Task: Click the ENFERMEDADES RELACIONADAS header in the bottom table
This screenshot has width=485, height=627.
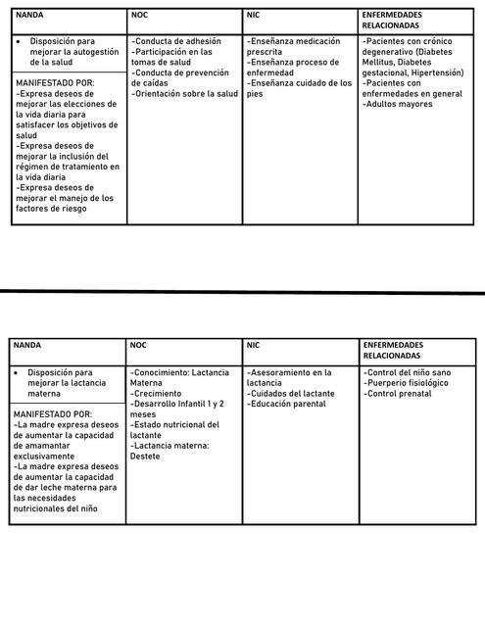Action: pyautogui.click(x=393, y=352)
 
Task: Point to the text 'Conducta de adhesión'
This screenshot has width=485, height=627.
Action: pyautogui.click(x=176, y=42)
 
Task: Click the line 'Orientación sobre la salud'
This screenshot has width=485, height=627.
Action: pyautogui.click(x=185, y=94)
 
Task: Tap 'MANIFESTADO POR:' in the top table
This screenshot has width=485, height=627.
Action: pyautogui.click(x=55, y=84)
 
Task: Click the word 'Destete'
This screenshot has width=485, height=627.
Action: pyautogui.click(x=145, y=456)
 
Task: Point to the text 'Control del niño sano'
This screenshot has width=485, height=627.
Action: pyautogui.click(x=408, y=373)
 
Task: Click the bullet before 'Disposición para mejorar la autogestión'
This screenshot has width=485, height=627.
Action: pyautogui.click(x=19, y=42)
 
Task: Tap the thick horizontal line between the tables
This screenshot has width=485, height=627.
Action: pyautogui.click(x=242, y=292)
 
